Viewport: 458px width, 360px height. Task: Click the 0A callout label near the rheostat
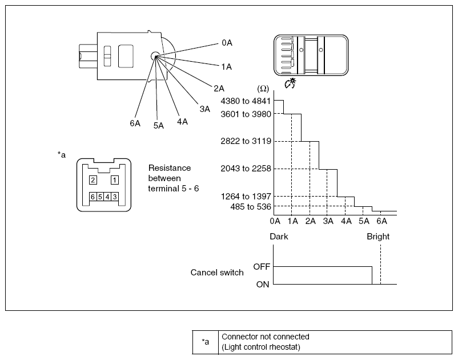(x=227, y=43)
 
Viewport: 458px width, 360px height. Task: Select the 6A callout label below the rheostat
(x=135, y=123)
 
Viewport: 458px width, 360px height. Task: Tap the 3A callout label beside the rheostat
(x=205, y=109)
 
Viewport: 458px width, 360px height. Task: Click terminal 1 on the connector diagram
(x=114, y=180)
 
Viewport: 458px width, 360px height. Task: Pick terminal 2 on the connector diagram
(x=93, y=180)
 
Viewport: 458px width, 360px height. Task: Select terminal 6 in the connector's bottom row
(x=93, y=197)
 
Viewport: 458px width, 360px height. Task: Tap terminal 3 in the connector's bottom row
(x=115, y=197)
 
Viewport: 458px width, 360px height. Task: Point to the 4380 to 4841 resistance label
(x=246, y=101)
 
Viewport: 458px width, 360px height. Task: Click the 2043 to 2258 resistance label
(x=246, y=169)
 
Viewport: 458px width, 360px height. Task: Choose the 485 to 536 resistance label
(x=251, y=207)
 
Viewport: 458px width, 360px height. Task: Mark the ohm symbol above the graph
(x=263, y=89)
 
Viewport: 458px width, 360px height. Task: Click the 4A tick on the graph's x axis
(x=346, y=221)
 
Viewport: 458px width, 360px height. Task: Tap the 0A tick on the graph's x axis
(x=275, y=221)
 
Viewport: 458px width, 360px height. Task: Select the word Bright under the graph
(x=378, y=237)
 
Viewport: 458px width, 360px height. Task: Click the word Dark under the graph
(x=279, y=237)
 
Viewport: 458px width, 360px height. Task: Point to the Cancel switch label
(x=217, y=273)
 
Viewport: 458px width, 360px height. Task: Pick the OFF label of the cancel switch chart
(x=262, y=267)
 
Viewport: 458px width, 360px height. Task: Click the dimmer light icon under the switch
(x=290, y=83)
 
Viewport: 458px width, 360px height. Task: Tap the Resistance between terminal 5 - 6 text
(x=174, y=178)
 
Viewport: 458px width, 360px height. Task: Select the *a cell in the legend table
(x=206, y=342)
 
